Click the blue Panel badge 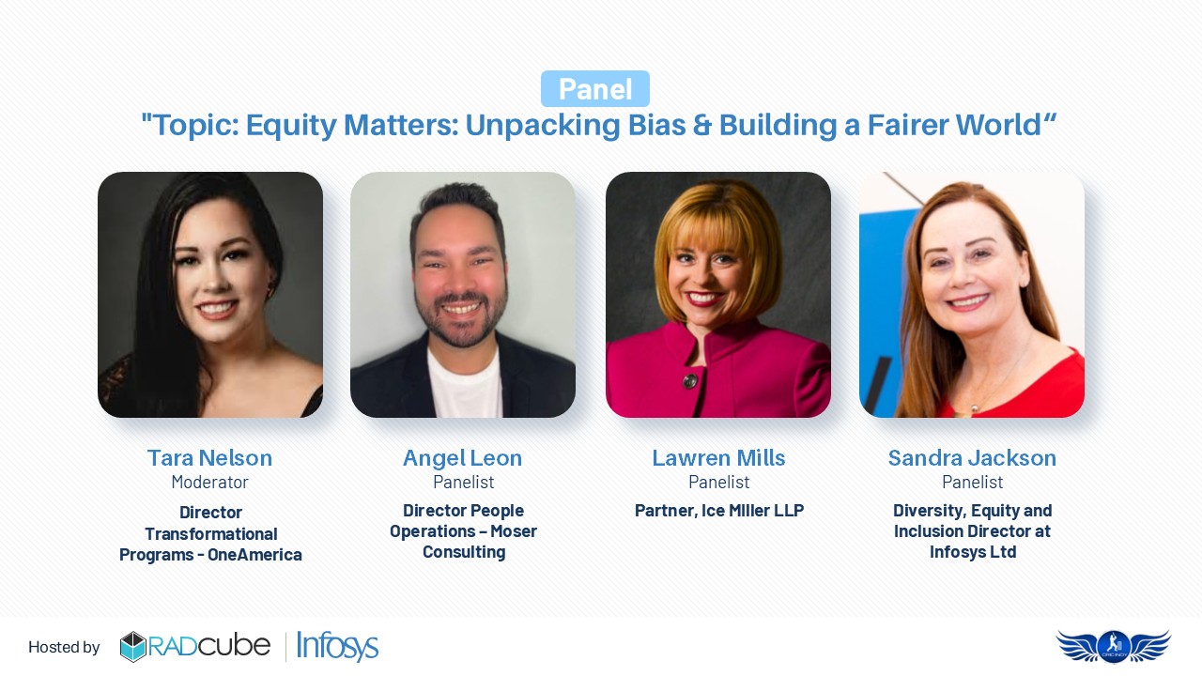(x=595, y=88)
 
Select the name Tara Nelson (x=209, y=457)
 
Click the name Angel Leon (x=463, y=457)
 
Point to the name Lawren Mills (x=718, y=457)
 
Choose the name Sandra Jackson (x=972, y=457)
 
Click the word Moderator (x=209, y=483)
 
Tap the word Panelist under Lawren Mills (x=719, y=483)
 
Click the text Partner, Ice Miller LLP (x=719, y=510)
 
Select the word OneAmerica (x=254, y=554)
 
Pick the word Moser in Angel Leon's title (x=514, y=531)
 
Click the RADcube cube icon (x=132, y=647)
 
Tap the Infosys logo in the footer (x=337, y=646)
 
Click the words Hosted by (x=64, y=647)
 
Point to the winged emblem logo (x=1114, y=647)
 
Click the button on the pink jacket (x=690, y=381)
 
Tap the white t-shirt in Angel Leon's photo (x=465, y=384)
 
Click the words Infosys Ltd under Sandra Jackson (x=973, y=551)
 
